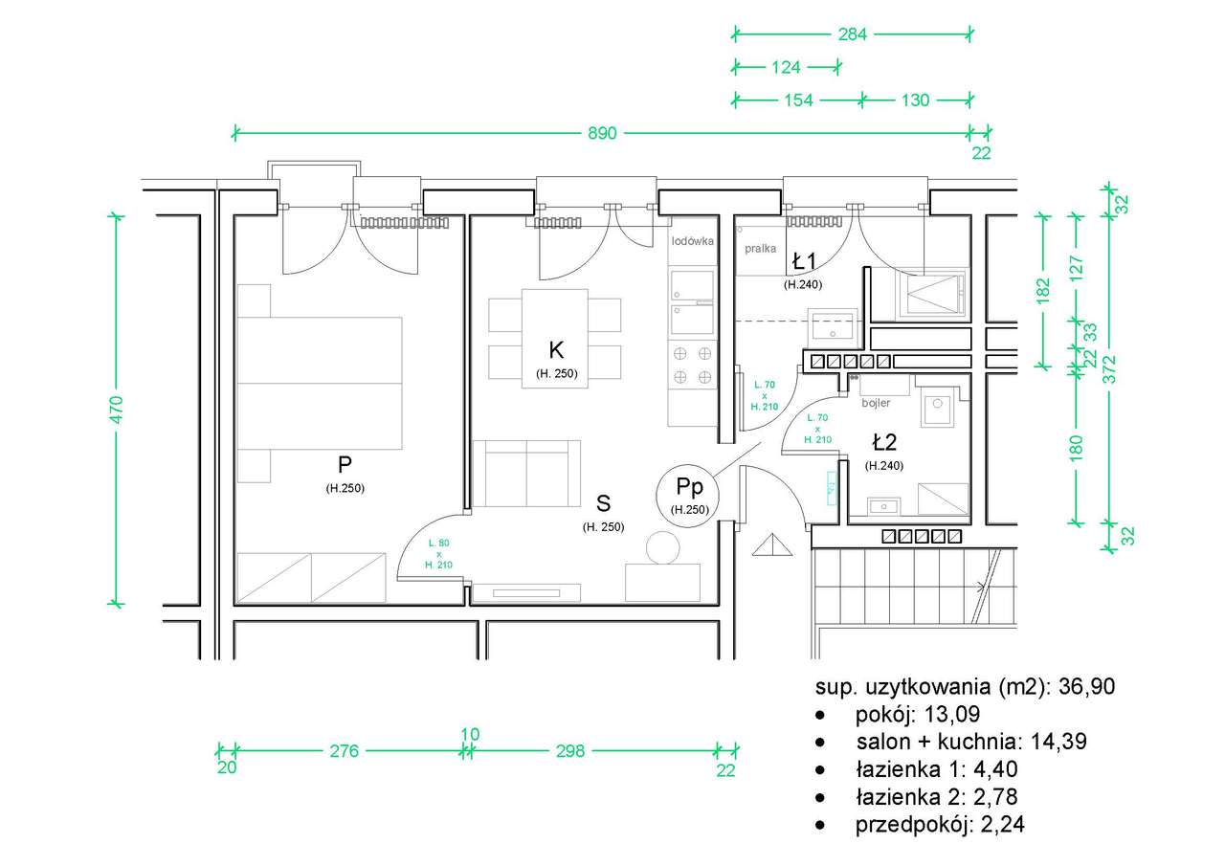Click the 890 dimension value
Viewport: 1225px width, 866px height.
click(x=602, y=133)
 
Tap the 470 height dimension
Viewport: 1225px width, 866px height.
click(x=117, y=410)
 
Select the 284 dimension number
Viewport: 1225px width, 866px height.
click(x=853, y=34)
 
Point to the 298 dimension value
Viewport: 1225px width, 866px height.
click(x=570, y=751)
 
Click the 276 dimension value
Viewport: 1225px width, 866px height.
click(x=344, y=751)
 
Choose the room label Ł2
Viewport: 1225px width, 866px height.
click(x=884, y=442)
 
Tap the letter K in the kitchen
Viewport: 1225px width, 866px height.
click(x=556, y=350)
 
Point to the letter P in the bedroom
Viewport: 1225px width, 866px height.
click(x=345, y=465)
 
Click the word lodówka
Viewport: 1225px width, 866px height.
click(x=692, y=241)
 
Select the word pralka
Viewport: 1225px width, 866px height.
click(x=760, y=249)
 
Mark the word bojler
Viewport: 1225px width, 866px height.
click(x=876, y=403)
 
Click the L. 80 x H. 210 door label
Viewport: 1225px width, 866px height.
click(x=438, y=554)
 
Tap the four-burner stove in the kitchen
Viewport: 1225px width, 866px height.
click(x=692, y=366)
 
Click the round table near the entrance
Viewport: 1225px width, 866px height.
click(x=663, y=547)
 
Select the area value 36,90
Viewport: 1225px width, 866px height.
click(x=1086, y=687)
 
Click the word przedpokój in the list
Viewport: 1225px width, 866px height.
click(x=914, y=825)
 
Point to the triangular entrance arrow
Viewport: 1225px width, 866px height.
click(x=772, y=545)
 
